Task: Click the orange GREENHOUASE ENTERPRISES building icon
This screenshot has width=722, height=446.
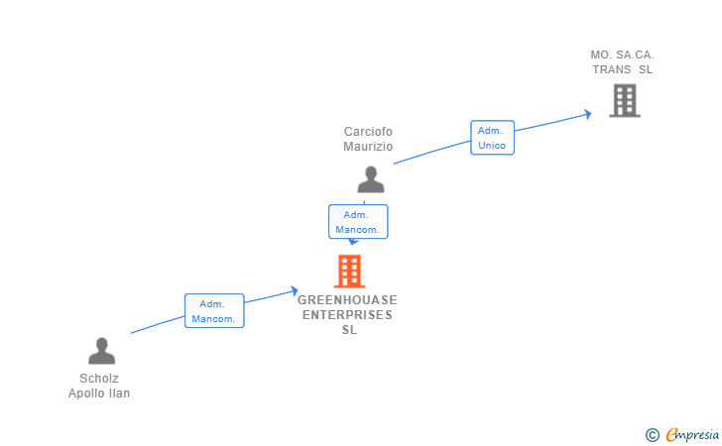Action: [349, 272]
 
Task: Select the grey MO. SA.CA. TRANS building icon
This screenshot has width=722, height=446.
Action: [625, 100]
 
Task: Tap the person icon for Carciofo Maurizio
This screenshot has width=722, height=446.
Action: [371, 179]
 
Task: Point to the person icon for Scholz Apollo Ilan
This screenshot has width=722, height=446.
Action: [102, 351]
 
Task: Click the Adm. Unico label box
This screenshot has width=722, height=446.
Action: [492, 138]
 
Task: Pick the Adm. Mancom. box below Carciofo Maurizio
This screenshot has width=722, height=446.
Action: [358, 222]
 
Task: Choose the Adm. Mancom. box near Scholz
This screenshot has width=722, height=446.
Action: [214, 310]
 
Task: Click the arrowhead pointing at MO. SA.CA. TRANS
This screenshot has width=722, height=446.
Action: [588, 114]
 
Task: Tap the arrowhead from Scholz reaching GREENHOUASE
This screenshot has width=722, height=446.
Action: [295, 291]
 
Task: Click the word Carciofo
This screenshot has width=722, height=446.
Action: [368, 132]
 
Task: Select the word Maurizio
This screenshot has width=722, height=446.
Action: [368, 147]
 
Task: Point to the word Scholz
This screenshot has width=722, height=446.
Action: [99, 379]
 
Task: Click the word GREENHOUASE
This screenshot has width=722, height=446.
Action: [347, 300]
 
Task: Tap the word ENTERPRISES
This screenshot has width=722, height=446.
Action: [347, 315]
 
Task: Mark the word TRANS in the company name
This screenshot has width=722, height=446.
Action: [612, 69]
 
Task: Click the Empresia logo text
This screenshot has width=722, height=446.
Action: [692, 434]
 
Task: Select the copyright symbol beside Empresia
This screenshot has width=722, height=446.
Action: [652, 435]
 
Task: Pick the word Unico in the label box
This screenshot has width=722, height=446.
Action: [492, 146]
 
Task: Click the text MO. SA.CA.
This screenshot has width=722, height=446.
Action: [622, 55]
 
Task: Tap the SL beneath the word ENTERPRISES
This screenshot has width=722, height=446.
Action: [349, 330]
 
